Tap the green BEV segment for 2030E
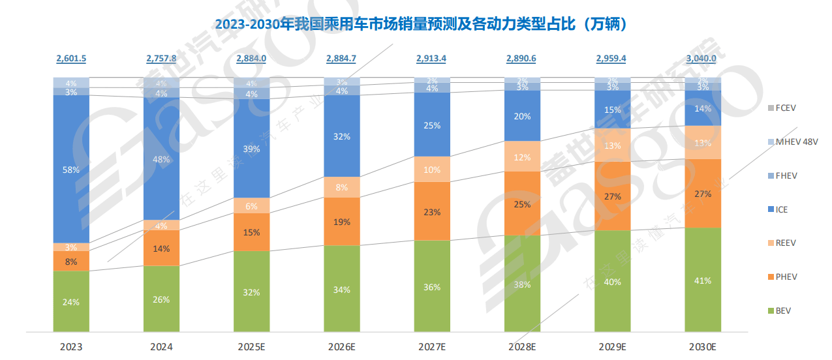pyautogui.click(x=702, y=280)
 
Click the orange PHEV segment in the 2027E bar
pyautogui.click(x=432, y=211)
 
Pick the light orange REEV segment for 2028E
pyautogui.click(x=521, y=157)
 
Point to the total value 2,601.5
pyautogui.click(x=71, y=59)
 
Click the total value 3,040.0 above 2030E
pyautogui.click(x=701, y=59)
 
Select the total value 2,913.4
pyautogui.click(x=431, y=59)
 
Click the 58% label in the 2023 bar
pyautogui.click(x=71, y=170)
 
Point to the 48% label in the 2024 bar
pyautogui.click(x=161, y=159)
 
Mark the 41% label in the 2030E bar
pyautogui.click(x=702, y=280)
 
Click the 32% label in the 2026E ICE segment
pyautogui.click(x=341, y=137)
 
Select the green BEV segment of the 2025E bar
pyautogui.click(x=251, y=292)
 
